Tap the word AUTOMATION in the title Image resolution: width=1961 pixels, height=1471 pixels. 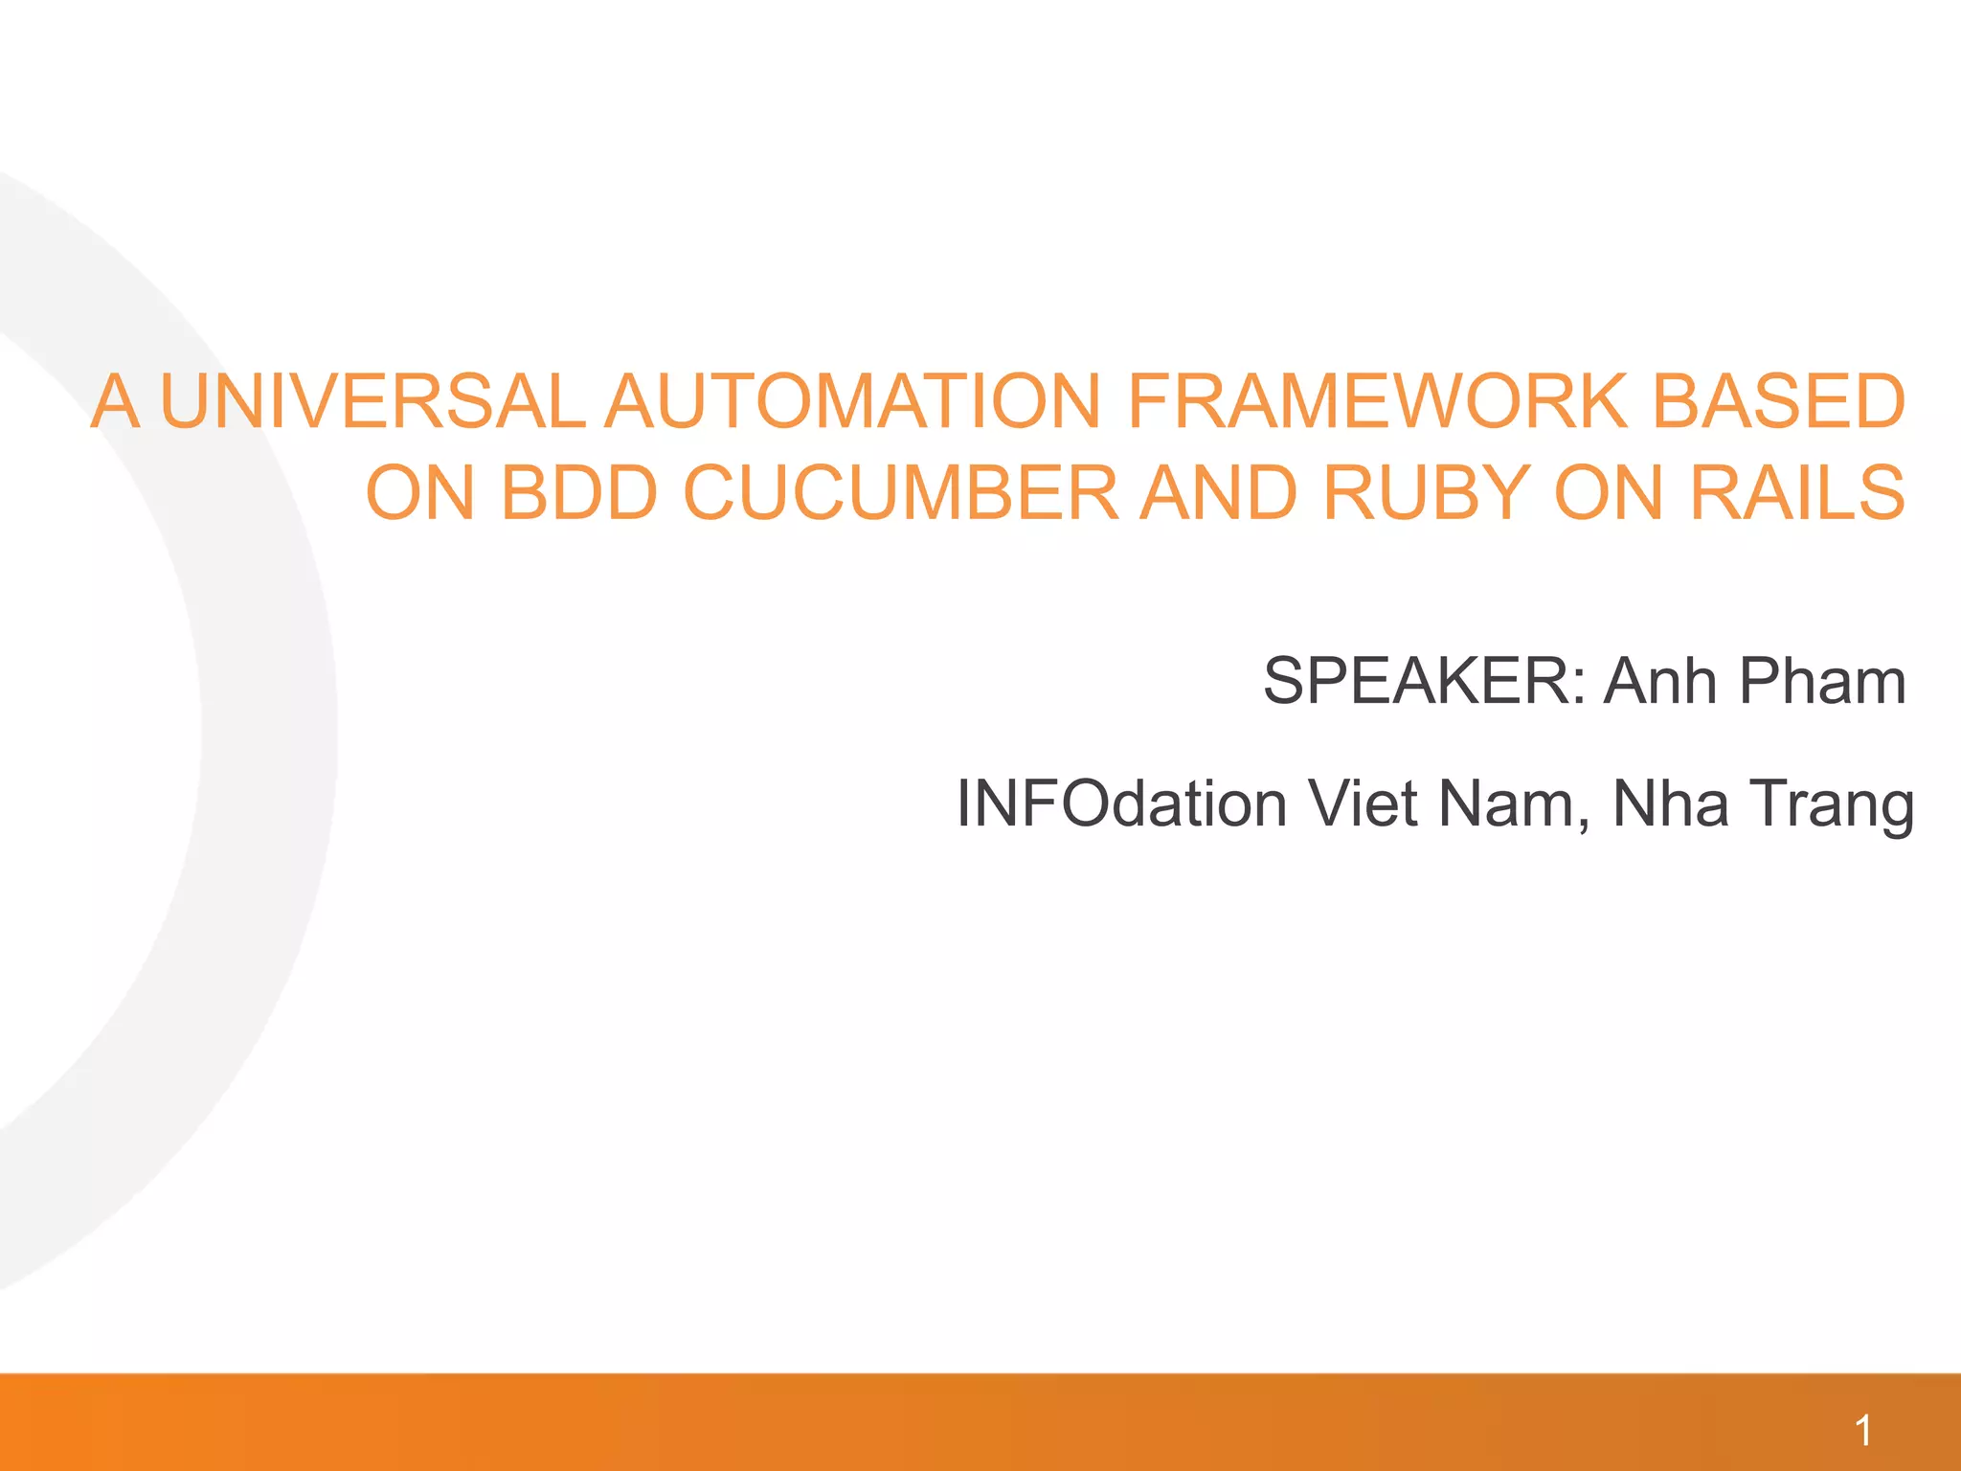853,401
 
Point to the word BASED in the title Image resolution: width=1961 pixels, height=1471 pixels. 1778,401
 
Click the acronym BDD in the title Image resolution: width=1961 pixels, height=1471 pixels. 578,493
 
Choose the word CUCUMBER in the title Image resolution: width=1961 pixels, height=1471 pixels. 900,493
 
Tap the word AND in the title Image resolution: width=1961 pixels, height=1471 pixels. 1218,493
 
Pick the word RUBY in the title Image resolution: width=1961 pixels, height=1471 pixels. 1425,493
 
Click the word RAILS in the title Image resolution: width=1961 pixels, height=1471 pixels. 1797,493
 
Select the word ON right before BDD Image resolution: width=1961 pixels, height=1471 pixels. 420,493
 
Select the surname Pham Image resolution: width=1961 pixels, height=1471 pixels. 1822,681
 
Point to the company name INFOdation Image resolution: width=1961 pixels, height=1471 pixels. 1121,803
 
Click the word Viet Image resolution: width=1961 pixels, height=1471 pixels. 1363,803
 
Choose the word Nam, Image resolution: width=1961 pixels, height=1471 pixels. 1515,803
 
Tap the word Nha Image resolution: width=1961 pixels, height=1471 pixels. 1671,803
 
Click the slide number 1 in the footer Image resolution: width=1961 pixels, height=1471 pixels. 1862,1432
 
